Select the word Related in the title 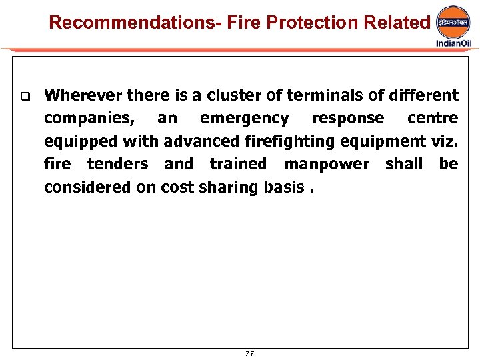click(397, 23)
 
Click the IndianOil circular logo click(453, 24)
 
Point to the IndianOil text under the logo click(453, 43)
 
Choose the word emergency click(244, 119)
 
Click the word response click(348, 119)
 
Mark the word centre click(433, 119)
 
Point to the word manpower click(326, 164)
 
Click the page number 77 click(249, 353)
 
